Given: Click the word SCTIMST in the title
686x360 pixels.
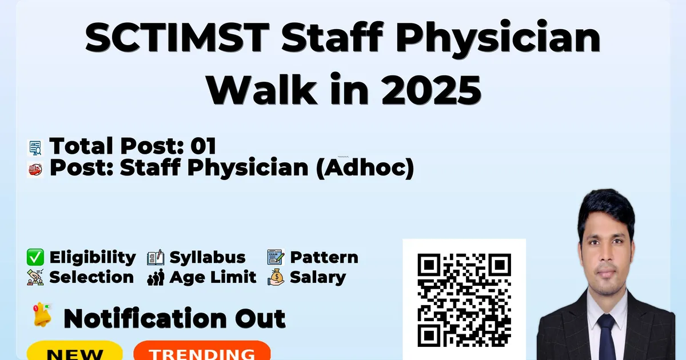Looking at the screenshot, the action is coord(177,38).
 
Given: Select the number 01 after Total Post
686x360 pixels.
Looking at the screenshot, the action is coord(204,146).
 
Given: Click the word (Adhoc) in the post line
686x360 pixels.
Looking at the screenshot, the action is coord(365,167).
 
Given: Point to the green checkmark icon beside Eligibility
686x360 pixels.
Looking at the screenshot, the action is coord(35,257).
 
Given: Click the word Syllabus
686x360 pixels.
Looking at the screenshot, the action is coord(208,258).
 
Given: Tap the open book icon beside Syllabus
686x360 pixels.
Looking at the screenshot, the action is coord(155,258).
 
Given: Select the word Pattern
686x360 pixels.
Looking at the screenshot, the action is coord(324,257).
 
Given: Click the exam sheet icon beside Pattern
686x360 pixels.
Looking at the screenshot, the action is coord(276,257).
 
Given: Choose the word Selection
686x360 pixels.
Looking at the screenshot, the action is coord(91,277).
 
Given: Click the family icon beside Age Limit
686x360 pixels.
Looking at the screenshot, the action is coord(155,277).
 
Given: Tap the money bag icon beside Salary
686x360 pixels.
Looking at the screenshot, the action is coord(276,277).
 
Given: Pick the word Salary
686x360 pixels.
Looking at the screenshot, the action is coord(318,278).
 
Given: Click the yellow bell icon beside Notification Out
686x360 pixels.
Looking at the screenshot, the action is coord(42,315).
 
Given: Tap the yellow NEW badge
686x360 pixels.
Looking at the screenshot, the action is coord(75,351).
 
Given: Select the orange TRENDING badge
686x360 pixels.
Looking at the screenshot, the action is coord(202,351).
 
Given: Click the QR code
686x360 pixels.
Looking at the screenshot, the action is coord(464,300).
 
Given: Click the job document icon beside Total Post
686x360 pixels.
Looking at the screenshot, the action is coord(35,148).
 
